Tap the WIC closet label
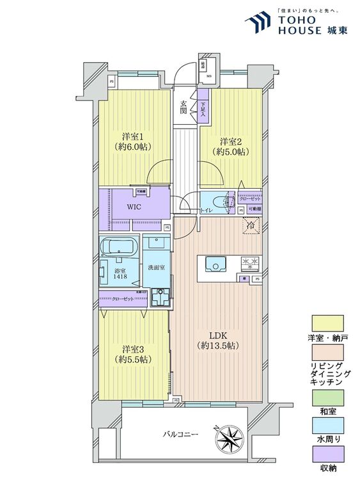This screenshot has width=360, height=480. [134, 207]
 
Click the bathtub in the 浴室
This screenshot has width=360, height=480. [119, 246]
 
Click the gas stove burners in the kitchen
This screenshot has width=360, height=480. [248, 263]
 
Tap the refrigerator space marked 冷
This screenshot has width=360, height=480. [252, 225]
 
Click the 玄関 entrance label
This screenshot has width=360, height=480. [184, 108]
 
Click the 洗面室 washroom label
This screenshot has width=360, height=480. [155, 266]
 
